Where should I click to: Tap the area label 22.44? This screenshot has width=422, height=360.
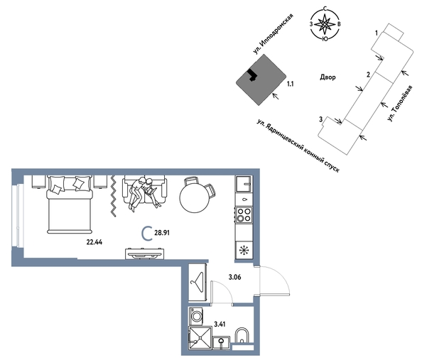94,242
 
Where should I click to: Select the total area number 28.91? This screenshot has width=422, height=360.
162,233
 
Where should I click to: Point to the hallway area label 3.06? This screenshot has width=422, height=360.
234,277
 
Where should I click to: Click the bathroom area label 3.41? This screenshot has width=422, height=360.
220,324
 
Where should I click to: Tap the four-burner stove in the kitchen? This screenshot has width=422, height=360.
244,215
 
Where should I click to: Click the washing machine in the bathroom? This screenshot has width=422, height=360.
196,317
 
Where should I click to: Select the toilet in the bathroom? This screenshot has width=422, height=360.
242,336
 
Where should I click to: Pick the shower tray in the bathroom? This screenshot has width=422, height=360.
200,338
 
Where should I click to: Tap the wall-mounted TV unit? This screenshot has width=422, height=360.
145,253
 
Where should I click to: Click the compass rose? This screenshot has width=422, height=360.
325,24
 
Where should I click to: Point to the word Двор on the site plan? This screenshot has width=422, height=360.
328,77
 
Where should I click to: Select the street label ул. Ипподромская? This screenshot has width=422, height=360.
273,34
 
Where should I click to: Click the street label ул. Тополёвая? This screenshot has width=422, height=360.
400,103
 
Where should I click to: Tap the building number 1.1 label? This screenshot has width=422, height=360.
290,84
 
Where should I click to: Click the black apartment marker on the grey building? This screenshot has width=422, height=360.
252,75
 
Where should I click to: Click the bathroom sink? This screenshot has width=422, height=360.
221,342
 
